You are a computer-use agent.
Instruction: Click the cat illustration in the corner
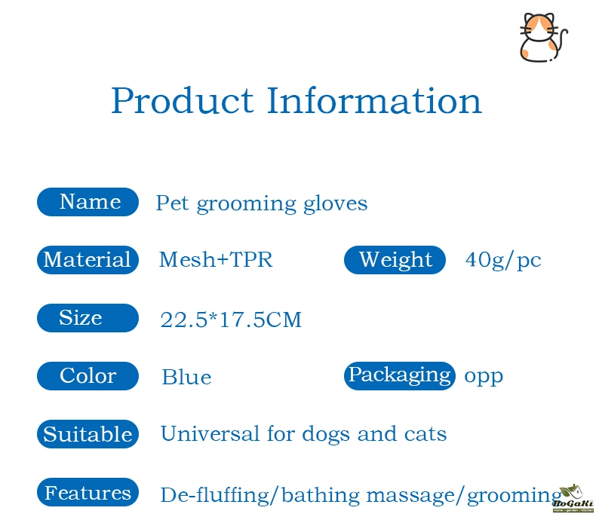click(x=543, y=37)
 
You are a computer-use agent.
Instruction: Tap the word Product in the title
click(x=183, y=101)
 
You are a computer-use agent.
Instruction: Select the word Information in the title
click(x=374, y=100)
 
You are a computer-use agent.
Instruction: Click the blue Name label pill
click(x=88, y=202)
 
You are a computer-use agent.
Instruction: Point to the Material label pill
click(x=88, y=260)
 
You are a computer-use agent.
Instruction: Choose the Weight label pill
click(x=395, y=260)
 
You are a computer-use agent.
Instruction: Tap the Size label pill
click(x=88, y=318)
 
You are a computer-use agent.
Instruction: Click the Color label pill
click(x=88, y=376)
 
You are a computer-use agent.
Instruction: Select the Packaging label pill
click(x=400, y=376)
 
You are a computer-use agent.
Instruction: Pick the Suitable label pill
click(x=88, y=434)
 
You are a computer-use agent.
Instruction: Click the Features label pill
click(x=88, y=492)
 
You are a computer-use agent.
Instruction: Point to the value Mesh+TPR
click(x=216, y=260)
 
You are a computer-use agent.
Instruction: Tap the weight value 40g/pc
click(x=503, y=261)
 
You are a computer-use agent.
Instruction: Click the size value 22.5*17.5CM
click(x=231, y=319)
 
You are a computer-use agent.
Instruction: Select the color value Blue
click(x=186, y=377)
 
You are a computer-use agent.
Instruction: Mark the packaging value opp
click(x=484, y=377)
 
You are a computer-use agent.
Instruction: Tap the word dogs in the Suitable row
click(x=326, y=435)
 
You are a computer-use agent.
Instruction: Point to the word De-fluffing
click(x=215, y=495)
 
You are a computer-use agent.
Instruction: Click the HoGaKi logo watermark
click(x=573, y=498)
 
